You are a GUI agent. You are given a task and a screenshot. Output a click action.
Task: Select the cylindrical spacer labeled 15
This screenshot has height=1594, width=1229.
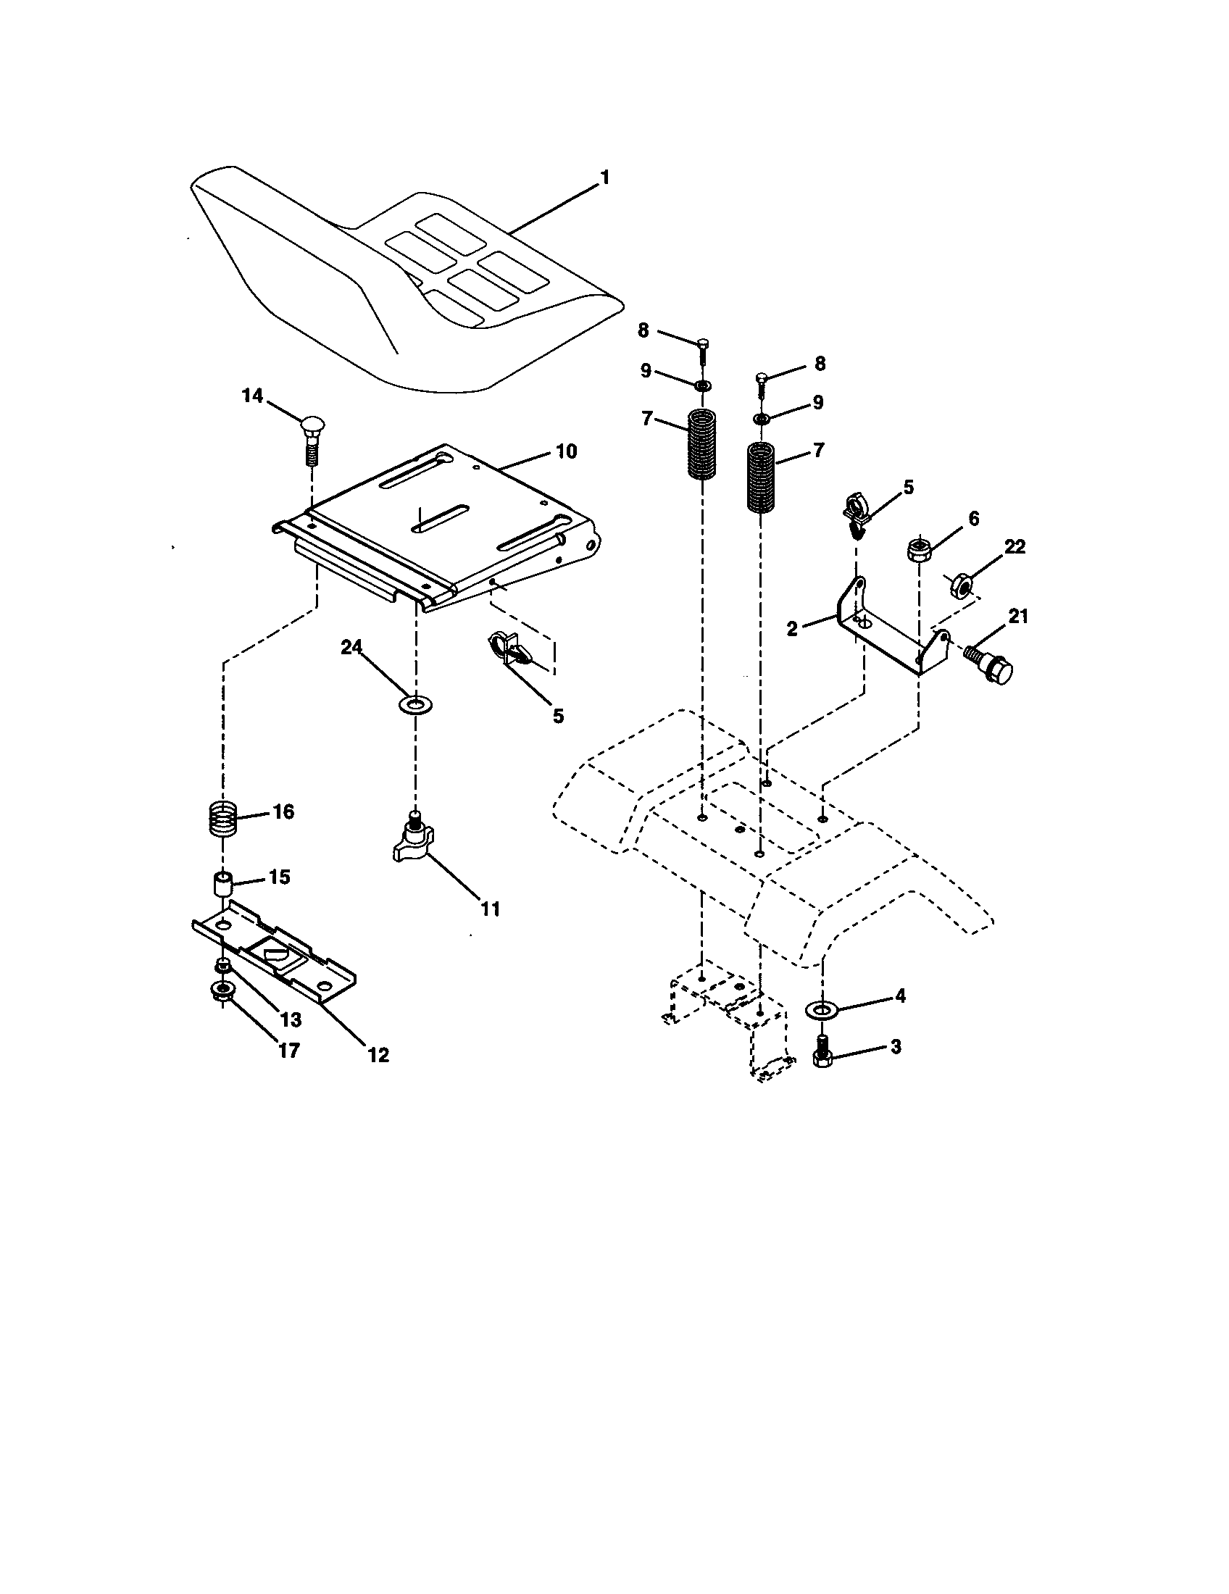222,885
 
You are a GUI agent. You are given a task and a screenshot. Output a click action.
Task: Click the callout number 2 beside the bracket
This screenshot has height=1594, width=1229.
793,628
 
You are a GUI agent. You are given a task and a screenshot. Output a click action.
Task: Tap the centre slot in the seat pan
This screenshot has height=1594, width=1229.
441,519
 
